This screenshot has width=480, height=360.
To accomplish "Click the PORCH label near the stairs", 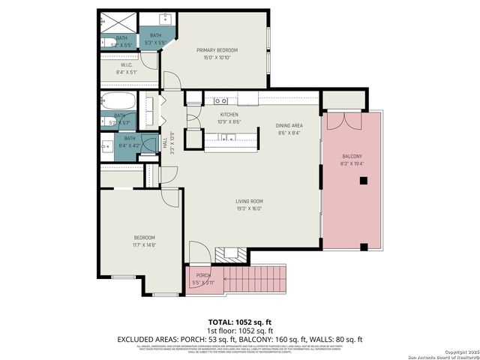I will click(x=202, y=275).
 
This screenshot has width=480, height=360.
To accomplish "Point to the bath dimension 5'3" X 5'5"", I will click(x=156, y=43).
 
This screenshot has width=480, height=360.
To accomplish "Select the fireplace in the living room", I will click(x=225, y=255).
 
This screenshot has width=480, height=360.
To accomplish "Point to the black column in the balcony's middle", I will click(x=363, y=180).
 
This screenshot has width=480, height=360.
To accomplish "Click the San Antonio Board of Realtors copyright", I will click(x=442, y=353).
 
